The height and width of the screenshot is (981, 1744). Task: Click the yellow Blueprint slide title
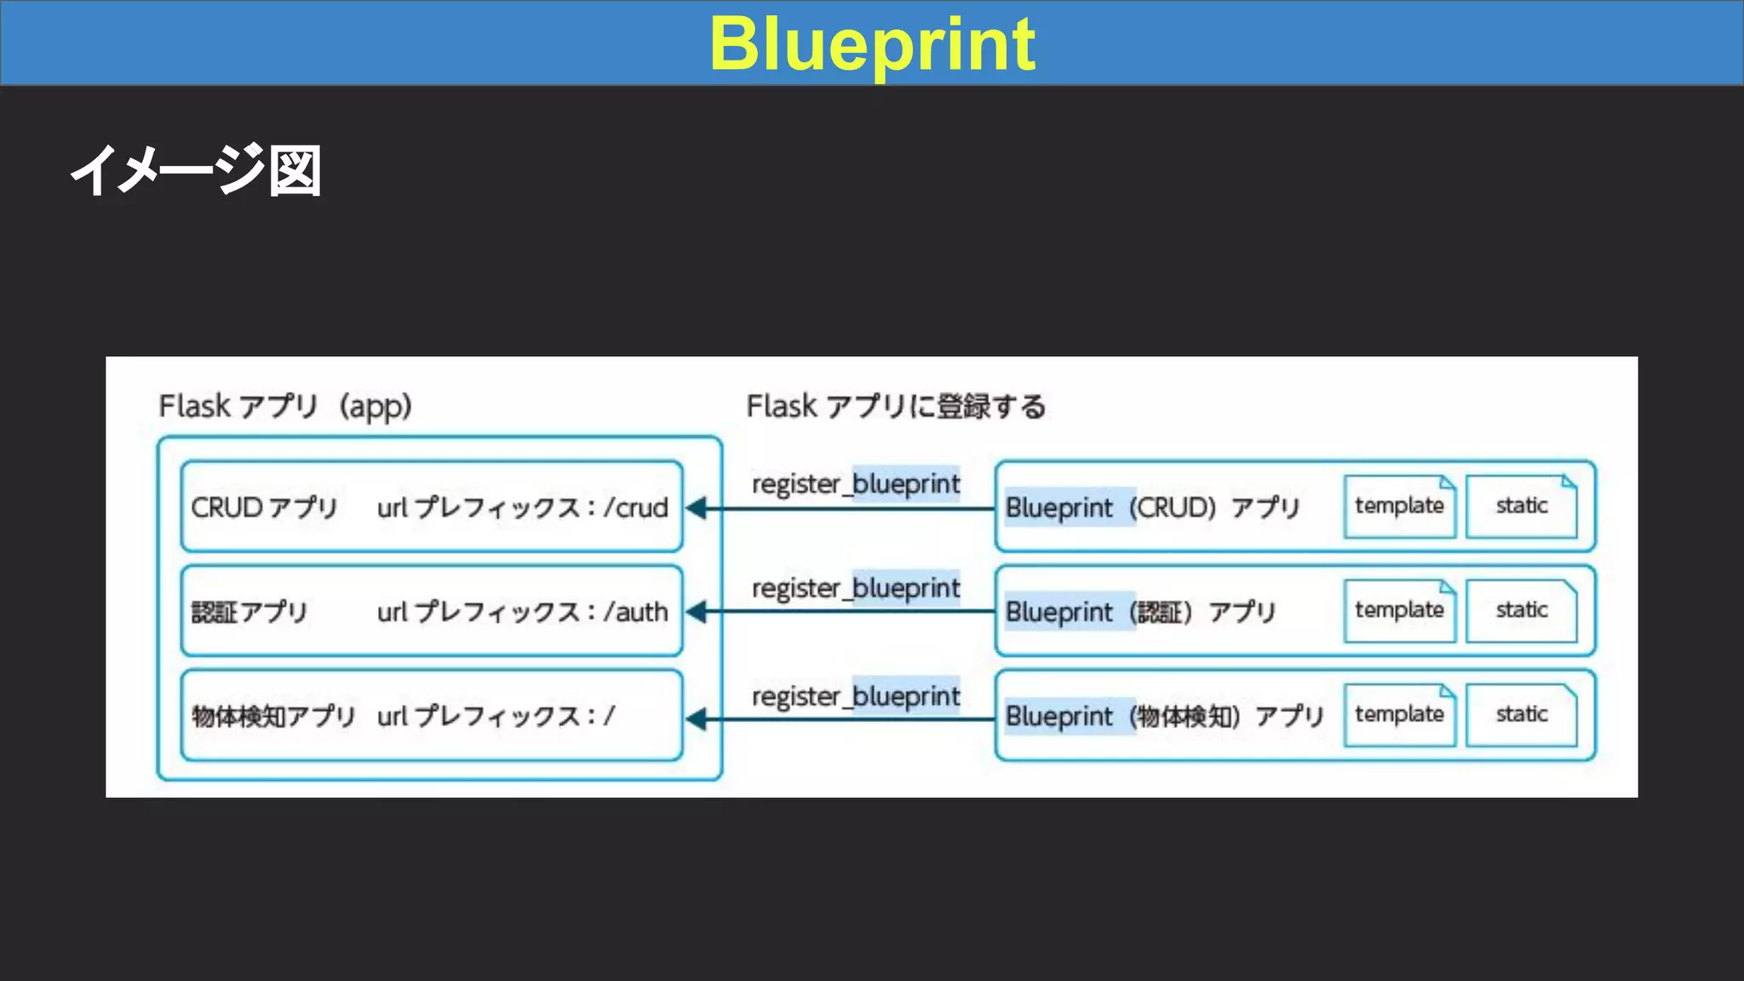point(872,44)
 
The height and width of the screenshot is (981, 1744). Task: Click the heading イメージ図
point(196,170)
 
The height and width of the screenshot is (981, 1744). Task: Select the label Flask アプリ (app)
point(285,406)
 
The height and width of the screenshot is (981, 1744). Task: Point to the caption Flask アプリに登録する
point(896,406)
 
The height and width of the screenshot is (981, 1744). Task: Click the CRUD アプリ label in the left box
point(264,508)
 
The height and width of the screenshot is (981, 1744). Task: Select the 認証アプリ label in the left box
point(249,611)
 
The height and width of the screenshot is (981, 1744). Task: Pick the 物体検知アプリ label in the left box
point(272,716)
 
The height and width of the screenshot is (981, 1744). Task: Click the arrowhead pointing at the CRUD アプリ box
point(697,508)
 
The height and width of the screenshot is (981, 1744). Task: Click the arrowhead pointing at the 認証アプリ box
point(697,611)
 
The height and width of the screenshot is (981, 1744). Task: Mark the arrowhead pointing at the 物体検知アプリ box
point(697,720)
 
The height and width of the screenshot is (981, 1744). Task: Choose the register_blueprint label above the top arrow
point(855,484)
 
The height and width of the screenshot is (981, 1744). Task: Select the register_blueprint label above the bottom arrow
point(855,697)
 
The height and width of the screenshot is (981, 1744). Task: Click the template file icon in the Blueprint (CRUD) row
point(1399,506)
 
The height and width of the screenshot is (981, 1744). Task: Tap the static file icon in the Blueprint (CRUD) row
point(1521,506)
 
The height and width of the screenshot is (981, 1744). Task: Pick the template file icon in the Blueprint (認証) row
point(1399,611)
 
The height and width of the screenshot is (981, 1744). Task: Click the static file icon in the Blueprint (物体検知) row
point(1521,714)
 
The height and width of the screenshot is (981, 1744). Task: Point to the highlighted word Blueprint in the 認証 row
point(1058,611)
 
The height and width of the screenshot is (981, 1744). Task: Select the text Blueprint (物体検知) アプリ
point(1164,716)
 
